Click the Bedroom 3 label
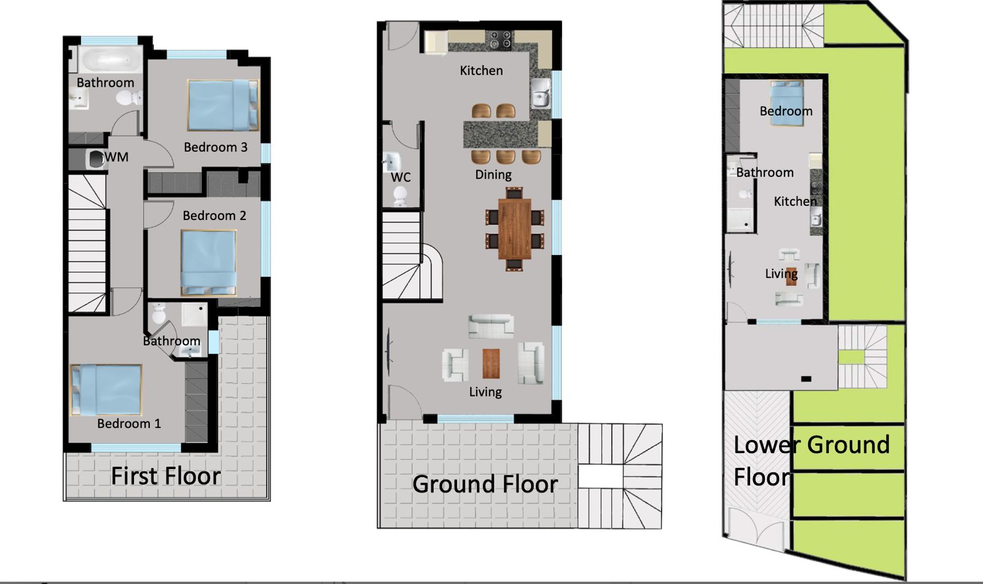point(216,147)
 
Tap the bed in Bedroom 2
point(208,263)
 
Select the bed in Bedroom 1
point(106,390)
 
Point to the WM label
point(117,157)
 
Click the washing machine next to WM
point(96,159)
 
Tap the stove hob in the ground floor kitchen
point(500,39)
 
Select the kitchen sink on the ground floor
point(541,93)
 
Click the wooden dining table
point(514,229)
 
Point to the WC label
point(401,178)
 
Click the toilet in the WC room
point(400,195)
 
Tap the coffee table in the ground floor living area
point(491,363)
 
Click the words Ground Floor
point(485,484)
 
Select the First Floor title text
point(166,476)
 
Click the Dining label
point(493,175)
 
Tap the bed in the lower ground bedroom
point(787,103)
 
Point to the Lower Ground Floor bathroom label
point(765,173)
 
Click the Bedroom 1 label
point(129,424)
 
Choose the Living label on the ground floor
point(485,392)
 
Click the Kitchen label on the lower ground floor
point(795,202)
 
